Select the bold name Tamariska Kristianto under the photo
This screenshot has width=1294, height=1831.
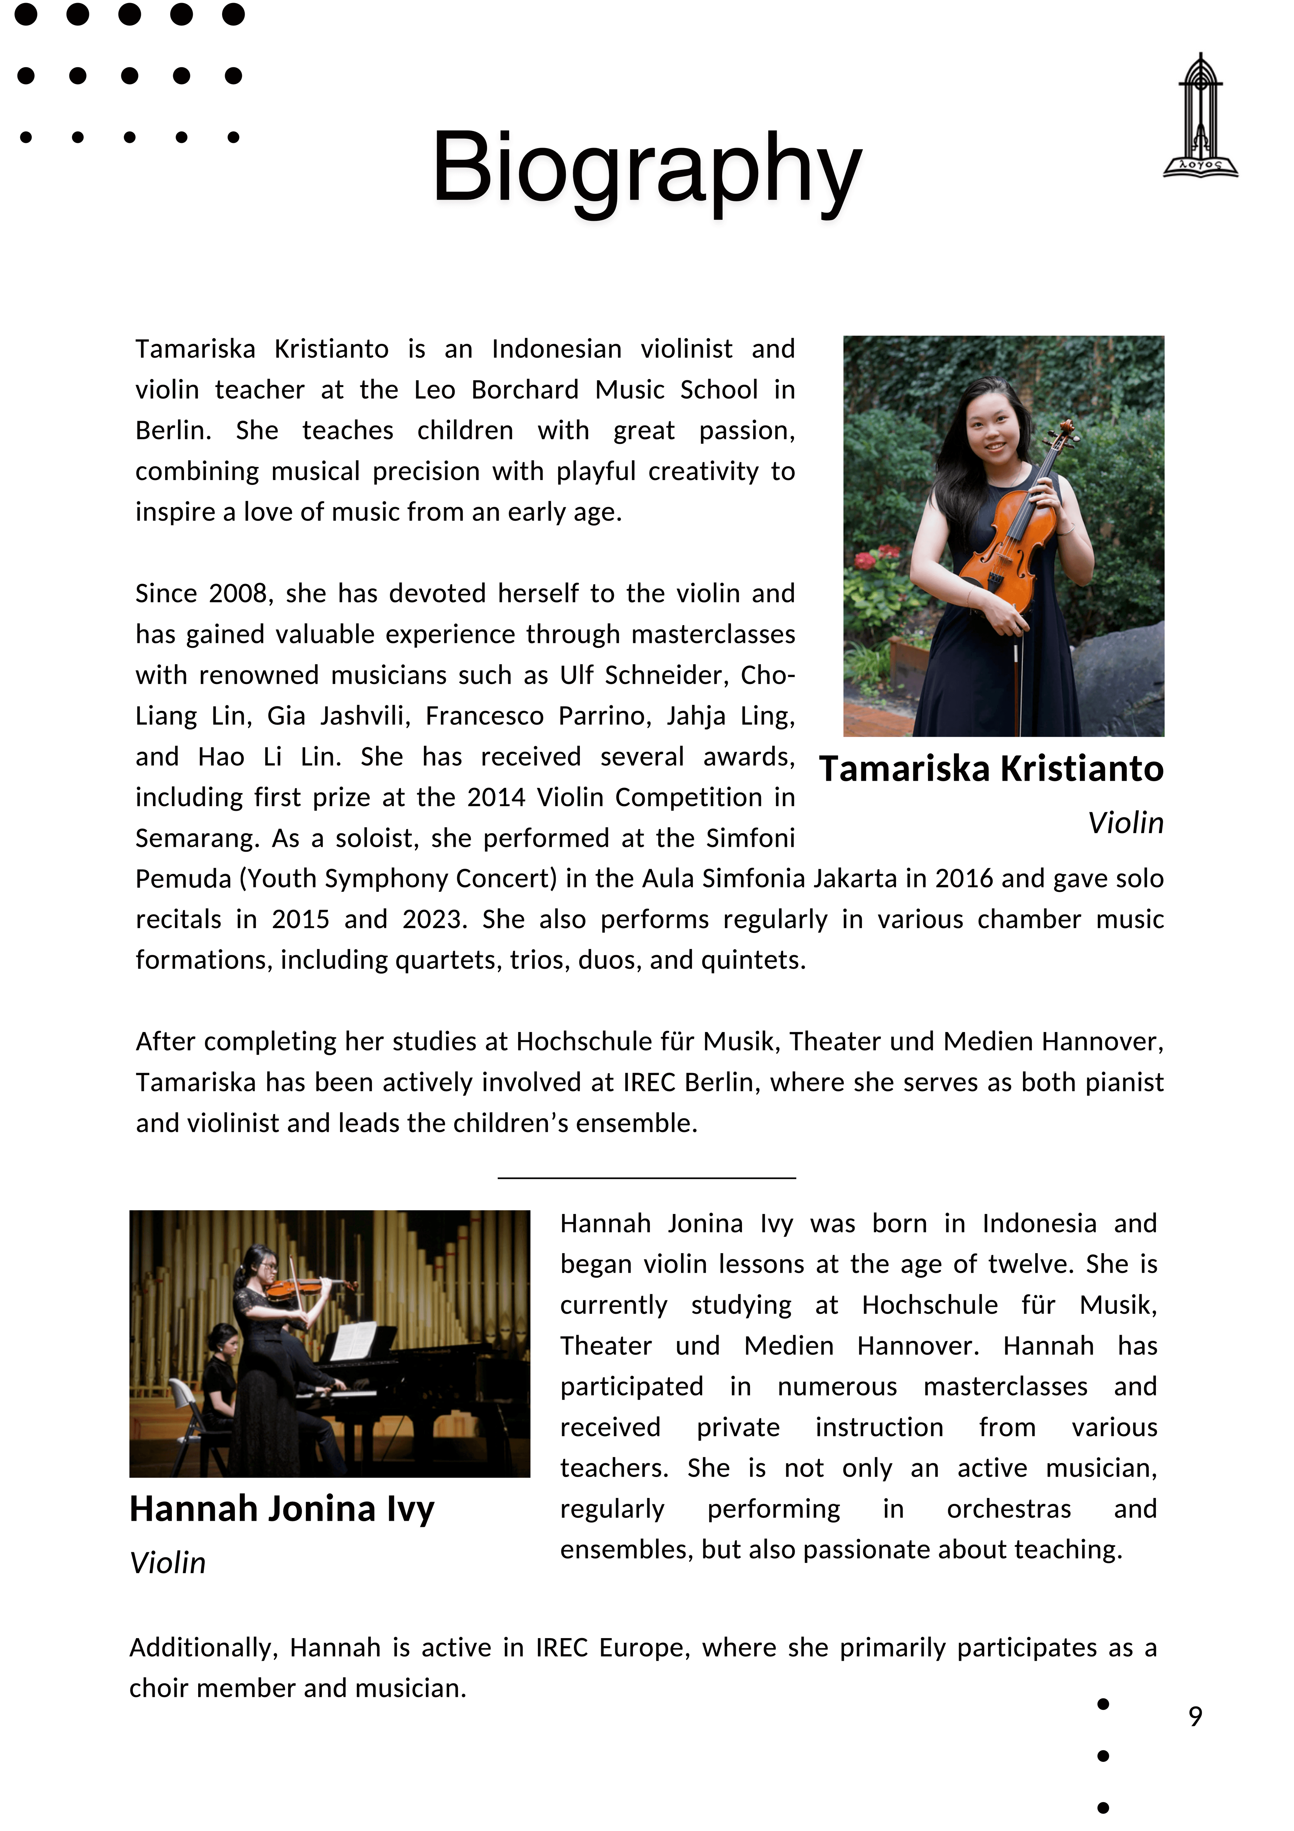991,769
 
